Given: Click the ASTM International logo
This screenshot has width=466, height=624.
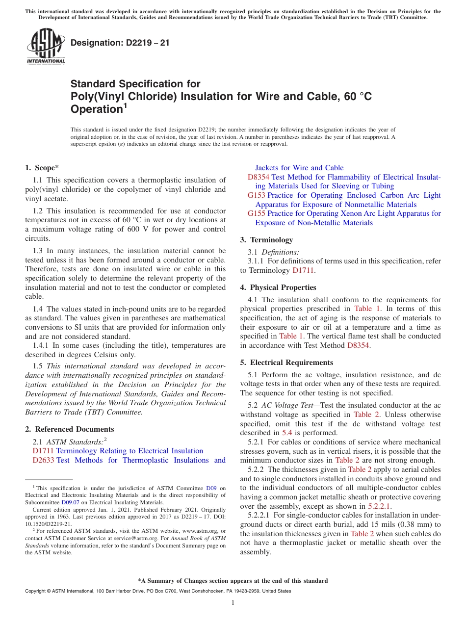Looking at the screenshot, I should click(x=46, y=46).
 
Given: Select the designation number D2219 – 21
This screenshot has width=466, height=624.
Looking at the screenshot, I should click(x=120, y=43).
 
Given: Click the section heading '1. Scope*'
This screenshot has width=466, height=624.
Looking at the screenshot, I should click(x=42, y=168).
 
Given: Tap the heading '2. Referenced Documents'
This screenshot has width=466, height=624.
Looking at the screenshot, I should click(x=69, y=429).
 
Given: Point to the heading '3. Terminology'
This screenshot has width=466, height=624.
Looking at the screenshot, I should click(x=266, y=240).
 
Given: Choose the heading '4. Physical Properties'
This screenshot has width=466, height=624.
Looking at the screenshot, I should click(x=278, y=287).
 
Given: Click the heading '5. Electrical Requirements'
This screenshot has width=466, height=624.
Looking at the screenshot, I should click(x=286, y=363).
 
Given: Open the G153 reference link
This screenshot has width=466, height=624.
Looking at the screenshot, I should click(x=257, y=195).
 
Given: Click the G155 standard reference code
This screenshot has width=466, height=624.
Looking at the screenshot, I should click(x=257, y=213).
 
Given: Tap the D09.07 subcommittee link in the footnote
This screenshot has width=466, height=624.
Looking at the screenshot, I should click(x=70, y=502).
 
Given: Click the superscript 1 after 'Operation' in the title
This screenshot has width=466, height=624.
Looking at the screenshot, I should click(x=125, y=105).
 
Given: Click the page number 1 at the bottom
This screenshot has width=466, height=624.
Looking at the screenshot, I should click(x=233, y=603).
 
